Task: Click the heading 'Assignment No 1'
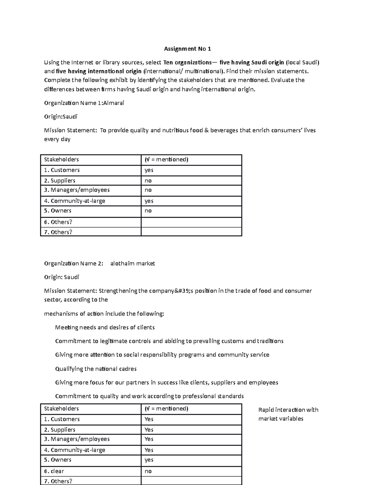pos(187,49)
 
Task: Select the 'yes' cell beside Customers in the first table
pos(149,170)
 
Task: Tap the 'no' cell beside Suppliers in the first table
pos(148,181)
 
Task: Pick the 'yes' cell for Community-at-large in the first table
pos(149,201)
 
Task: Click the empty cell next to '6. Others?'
pos(191,222)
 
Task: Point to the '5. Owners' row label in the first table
pos(58,211)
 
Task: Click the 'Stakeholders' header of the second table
pos(61,408)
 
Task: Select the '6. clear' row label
pos(54,471)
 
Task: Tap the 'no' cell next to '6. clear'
pos(148,471)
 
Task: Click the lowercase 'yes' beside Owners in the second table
pos(149,460)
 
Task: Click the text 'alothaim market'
pos(132,264)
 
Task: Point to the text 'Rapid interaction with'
pos(288,410)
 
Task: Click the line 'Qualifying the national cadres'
pos(96,369)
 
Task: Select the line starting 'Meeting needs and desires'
pos(105,327)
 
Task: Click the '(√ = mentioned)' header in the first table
pos(166,160)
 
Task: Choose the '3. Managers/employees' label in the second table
pos(77,439)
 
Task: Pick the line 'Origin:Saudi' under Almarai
pos(61,117)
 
